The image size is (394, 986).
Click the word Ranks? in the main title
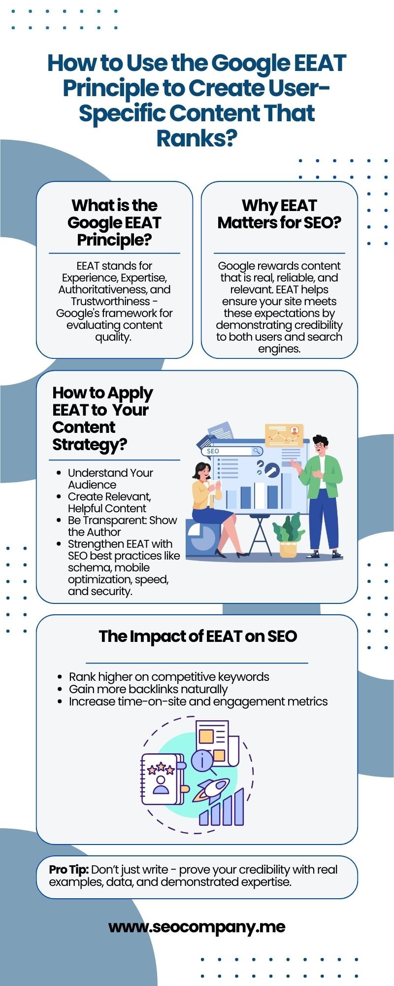coord(197,139)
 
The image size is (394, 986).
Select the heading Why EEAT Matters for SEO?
coord(279,214)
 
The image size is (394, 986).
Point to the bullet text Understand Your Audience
coord(110,478)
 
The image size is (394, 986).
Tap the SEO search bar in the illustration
coord(231,451)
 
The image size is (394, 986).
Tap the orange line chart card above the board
coord(284,435)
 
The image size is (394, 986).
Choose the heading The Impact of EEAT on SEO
coord(197,636)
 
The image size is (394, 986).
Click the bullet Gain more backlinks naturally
coord(148,689)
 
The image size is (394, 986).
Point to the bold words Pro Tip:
coord(68,869)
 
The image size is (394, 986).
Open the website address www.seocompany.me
coord(197,926)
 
